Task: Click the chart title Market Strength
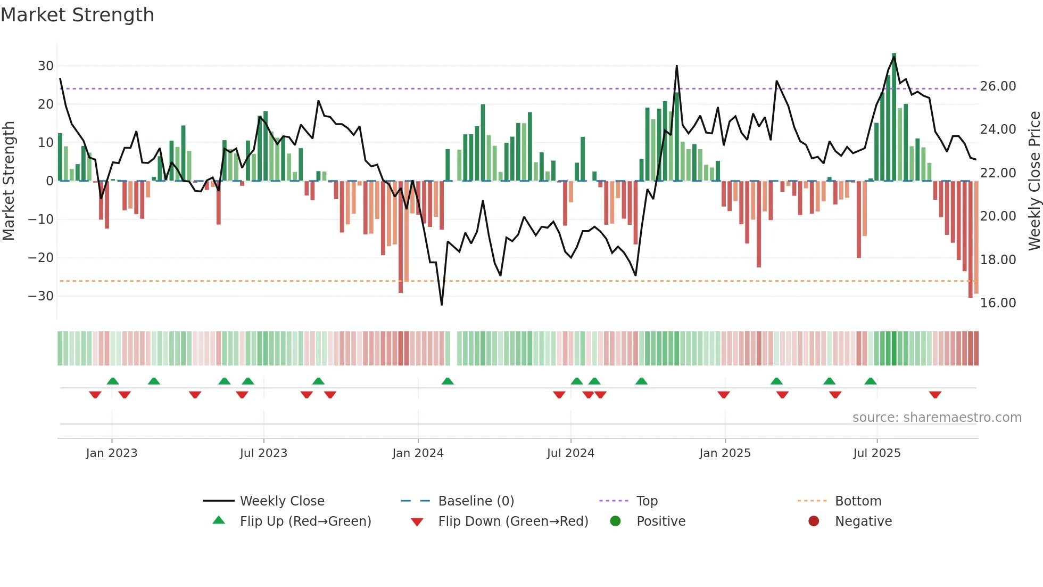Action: pos(77,15)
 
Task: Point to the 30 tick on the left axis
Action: pos(46,66)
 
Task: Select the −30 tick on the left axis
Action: pos(41,296)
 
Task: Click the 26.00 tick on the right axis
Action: pos(998,86)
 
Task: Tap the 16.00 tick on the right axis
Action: pos(998,303)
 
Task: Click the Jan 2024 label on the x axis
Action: pos(418,453)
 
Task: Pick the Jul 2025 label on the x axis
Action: pos(876,453)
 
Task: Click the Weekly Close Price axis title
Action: pos(1034,181)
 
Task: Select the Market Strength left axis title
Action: pos(9,181)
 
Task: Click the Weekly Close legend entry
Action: pos(282,501)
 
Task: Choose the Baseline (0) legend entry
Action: pos(476,501)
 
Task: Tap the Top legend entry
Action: pos(647,501)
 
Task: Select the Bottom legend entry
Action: pos(858,501)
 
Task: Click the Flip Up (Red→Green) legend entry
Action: pos(305,521)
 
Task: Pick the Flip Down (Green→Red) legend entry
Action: pos(513,521)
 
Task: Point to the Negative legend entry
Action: pos(863,521)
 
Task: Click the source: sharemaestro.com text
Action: pos(937,418)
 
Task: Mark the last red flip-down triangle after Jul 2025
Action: pos(935,395)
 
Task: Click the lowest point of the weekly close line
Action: pos(442,304)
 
